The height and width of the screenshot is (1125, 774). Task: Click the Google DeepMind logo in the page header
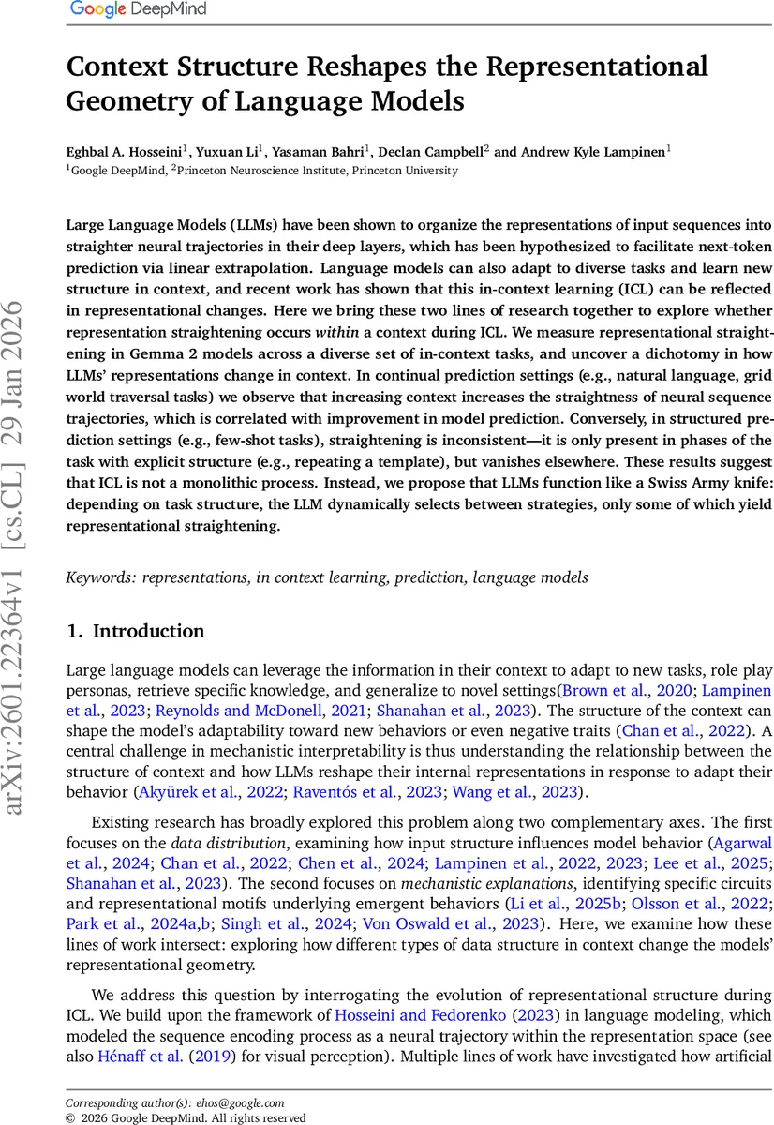point(138,10)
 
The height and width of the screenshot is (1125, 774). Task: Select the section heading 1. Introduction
point(135,631)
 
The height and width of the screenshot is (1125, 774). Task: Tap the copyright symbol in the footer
point(69,1117)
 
